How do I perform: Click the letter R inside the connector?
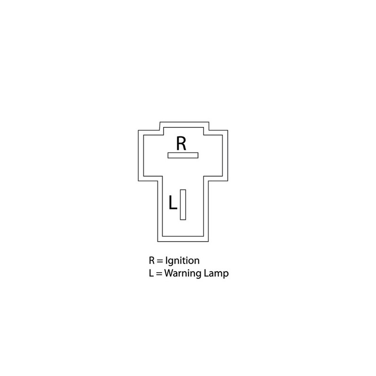tap(181, 143)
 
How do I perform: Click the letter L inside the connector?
tap(172, 203)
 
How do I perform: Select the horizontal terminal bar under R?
tap(183, 156)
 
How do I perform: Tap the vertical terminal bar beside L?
tap(183, 204)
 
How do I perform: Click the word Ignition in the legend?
tap(182, 261)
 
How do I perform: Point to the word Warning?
tap(183, 274)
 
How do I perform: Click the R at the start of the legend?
tap(151, 260)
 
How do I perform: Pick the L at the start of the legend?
tap(151, 273)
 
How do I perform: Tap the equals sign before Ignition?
tap(159, 261)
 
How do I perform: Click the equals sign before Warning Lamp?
tap(159, 274)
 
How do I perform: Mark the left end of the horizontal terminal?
tap(168, 156)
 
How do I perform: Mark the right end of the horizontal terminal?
tap(198, 156)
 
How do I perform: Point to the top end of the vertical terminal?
tap(183, 190)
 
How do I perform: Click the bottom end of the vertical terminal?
tap(183, 219)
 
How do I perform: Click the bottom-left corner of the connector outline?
tap(157, 242)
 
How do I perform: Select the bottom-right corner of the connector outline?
tap(208, 242)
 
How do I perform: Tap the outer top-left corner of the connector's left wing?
tap(138, 130)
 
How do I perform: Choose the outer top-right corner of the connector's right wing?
tap(228, 130)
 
